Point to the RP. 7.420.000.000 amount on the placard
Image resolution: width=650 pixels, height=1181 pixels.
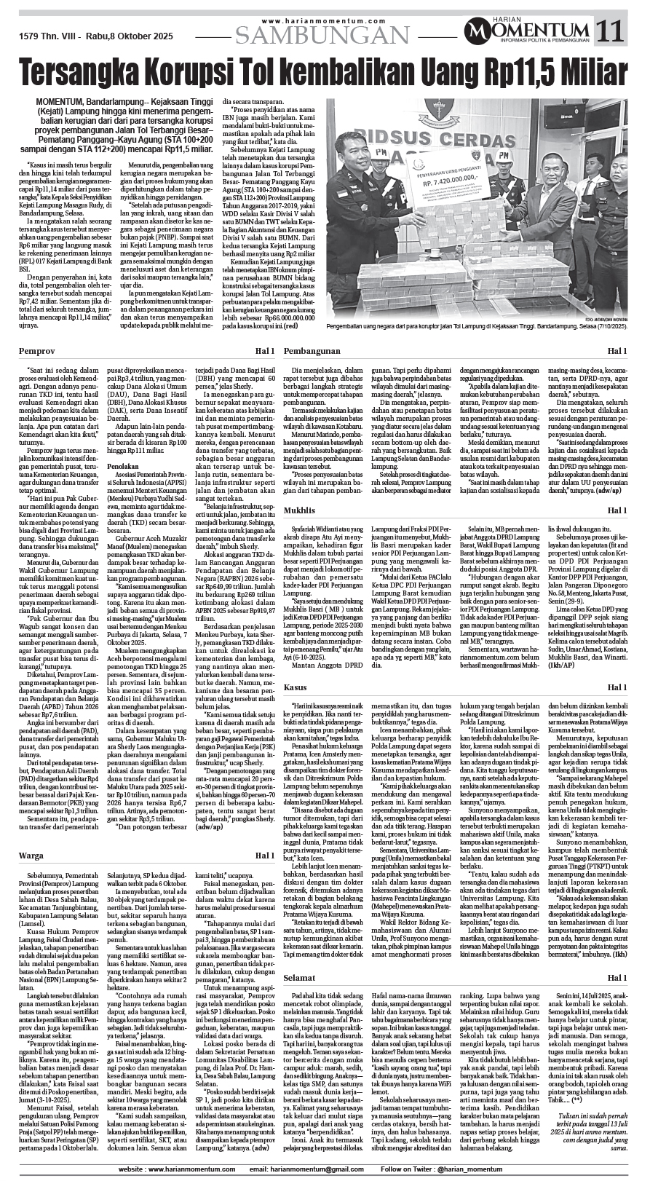tap(443, 184)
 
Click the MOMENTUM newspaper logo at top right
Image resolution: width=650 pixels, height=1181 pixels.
tap(529, 31)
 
